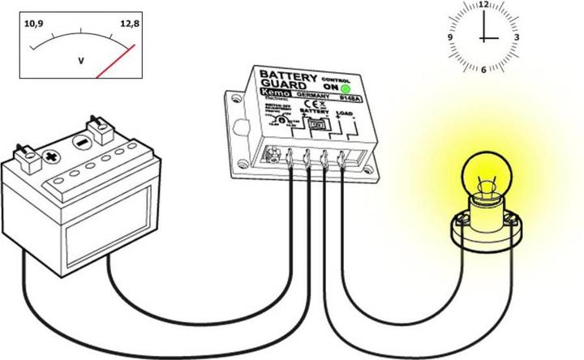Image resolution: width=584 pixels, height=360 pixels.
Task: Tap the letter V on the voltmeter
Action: pos(80,59)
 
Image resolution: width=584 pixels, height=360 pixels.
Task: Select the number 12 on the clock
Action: pos(484,5)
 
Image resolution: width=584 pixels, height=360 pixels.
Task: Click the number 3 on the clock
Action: pos(517,37)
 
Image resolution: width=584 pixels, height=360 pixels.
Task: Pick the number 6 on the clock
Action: pos(484,69)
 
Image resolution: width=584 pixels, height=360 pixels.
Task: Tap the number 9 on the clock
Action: pos(451,37)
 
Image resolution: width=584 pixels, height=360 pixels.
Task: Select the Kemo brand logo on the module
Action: pos(273,97)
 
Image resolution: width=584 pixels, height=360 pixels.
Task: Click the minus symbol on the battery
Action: pos(80,142)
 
